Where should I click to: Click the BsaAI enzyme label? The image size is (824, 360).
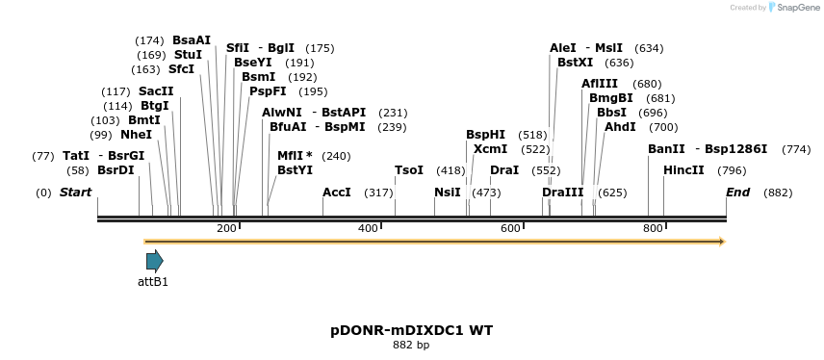[x=191, y=40]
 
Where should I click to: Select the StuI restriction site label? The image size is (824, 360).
[x=188, y=55]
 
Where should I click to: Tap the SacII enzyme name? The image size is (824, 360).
[x=156, y=91]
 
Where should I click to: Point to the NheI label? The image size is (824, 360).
[x=136, y=135]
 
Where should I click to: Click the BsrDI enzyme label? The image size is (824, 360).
[x=115, y=170]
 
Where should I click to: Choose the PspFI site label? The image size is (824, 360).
[x=268, y=91]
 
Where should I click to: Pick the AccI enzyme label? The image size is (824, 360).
[x=336, y=193]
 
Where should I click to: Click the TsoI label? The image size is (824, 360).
[x=409, y=170]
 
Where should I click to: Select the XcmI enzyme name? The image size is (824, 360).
[x=491, y=149]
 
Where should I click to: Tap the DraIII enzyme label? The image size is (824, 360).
[x=563, y=193]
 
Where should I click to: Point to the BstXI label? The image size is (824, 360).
[x=576, y=63]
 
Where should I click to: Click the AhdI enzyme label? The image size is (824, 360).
[x=620, y=127]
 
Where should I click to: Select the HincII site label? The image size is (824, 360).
[x=683, y=170]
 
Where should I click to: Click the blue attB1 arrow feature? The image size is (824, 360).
[x=154, y=261]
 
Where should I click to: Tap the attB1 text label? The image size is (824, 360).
[x=153, y=282]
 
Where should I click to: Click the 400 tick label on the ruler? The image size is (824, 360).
[x=368, y=228]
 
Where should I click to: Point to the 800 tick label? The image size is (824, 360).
[x=653, y=228]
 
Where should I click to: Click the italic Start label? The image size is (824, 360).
[x=75, y=193]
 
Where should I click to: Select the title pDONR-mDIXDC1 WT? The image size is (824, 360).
[x=411, y=330]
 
